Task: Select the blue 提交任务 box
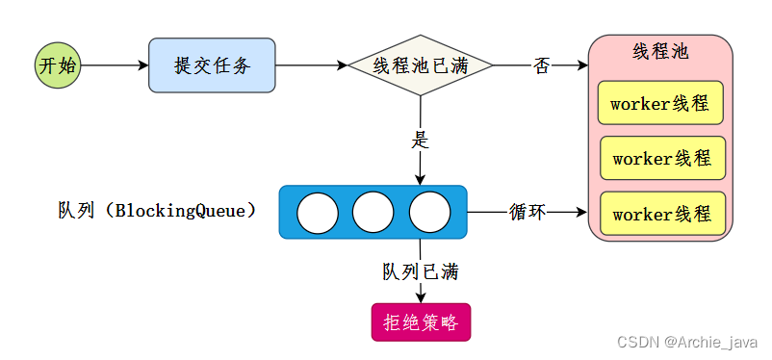click(212, 65)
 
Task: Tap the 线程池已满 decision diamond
click(420, 65)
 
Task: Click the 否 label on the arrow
click(541, 65)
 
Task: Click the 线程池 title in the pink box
click(660, 51)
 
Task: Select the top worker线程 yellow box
click(660, 103)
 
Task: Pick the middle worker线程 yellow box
click(661, 158)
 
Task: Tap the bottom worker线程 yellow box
click(661, 213)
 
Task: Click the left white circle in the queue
click(317, 213)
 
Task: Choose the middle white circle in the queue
click(373, 213)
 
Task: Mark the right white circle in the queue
click(429, 213)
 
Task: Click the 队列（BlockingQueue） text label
click(157, 210)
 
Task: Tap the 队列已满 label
click(420, 271)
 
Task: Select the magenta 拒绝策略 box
click(421, 322)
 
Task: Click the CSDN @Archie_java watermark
click(687, 342)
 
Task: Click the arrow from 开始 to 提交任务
click(115, 65)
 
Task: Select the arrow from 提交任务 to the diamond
click(311, 65)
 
